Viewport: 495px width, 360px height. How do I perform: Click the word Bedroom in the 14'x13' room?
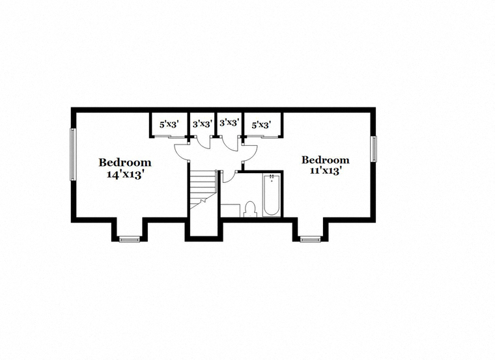[x=125, y=163]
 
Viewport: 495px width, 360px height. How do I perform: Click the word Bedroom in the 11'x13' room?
[x=326, y=160]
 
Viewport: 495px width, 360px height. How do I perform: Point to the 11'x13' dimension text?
[x=326, y=171]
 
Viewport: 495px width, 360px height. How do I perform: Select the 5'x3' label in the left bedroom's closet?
[x=169, y=124]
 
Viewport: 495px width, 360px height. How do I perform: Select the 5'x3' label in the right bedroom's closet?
[x=261, y=125]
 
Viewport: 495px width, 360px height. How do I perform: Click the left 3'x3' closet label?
[x=202, y=124]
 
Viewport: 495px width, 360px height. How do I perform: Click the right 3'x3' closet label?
[x=229, y=122]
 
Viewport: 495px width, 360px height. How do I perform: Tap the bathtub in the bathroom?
[x=271, y=195]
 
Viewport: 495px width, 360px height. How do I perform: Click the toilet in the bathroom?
[x=250, y=209]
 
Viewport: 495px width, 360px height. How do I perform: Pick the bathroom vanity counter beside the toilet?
[x=230, y=211]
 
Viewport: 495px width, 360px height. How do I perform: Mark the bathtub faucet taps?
[x=272, y=177]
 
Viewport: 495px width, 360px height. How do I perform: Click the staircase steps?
[x=203, y=190]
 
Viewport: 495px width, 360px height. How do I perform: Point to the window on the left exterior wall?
[x=73, y=154]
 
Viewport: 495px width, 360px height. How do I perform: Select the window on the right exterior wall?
[x=374, y=149]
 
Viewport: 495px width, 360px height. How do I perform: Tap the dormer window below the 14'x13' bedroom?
[x=130, y=240]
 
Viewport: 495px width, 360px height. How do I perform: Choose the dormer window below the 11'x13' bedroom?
[x=310, y=240]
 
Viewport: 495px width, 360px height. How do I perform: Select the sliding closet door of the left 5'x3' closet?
[x=168, y=137]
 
